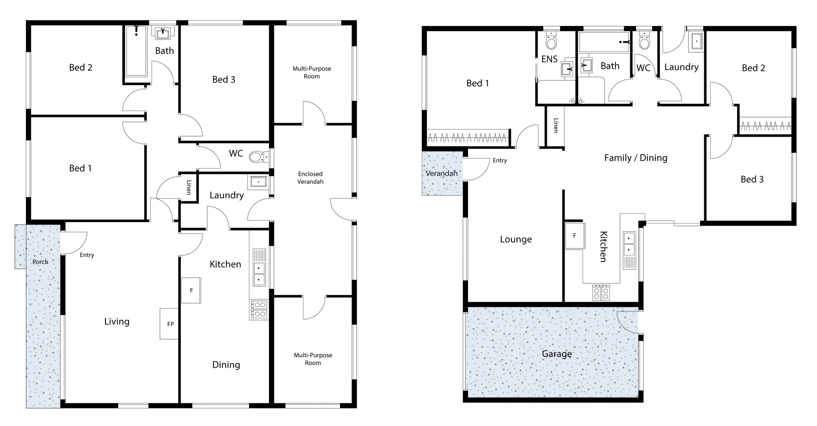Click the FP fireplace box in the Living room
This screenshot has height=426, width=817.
(169, 324)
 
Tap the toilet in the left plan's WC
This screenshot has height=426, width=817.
(257, 157)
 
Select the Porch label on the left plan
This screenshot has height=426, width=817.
(40, 262)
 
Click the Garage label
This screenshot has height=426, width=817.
(557, 354)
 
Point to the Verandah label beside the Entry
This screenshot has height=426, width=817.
(442, 173)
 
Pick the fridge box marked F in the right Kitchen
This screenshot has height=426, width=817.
(574, 236)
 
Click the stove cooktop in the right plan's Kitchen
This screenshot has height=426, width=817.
(601, 293)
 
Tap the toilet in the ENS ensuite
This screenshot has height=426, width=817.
(551, 41)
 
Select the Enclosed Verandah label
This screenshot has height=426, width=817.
(310, 177)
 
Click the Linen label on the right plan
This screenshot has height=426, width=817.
(556, 126)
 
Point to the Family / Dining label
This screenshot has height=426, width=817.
(635, 158)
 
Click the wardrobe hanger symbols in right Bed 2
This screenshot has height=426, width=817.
(765, 126)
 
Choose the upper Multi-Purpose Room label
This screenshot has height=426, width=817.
(311, 72)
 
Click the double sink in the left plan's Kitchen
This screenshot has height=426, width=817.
(259, 274)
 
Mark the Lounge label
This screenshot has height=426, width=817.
(516, 239)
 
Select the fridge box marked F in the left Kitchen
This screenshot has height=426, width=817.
(191, 290)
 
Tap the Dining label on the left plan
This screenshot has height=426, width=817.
(226, 365)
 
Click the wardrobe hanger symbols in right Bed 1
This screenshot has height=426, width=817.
(468, 138)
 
